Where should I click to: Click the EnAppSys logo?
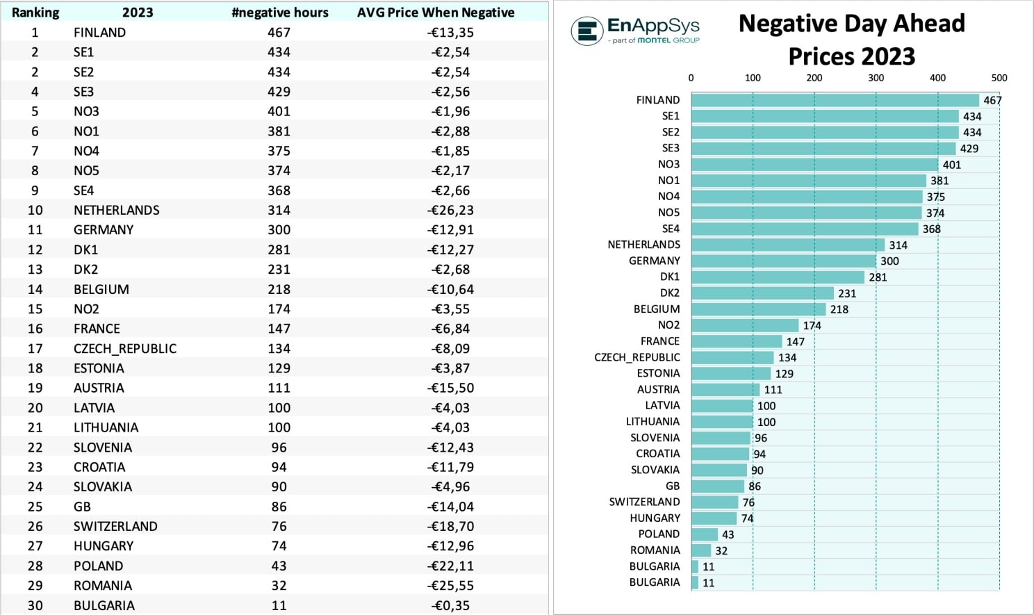pyautogui.click(x=635, y=30)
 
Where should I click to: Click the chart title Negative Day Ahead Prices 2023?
pyautogui.click(x=851, y=40)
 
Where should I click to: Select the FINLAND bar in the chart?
pyautogui.click(x=835, y=100)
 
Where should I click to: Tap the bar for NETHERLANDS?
pyautogui.click(x=787, y=245)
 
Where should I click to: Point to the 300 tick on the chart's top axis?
pyautogui.click(x=876, y=78)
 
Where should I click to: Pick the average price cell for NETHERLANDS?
pyautogui.click(x=450, y=210)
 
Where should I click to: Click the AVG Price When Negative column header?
pyautogui.click(x=436, y=13)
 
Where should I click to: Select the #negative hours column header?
pyautogui.click(x=279, y=13)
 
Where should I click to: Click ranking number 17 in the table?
pyautogui.click(x=35, y=348)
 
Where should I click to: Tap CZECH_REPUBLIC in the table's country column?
pyautogui.click(x=125, y=348)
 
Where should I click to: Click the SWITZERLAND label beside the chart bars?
pyautogui.click(x=644, y=502)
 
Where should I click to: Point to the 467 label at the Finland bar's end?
pyautogui.click(x=992, y=100)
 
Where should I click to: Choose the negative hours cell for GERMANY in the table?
pyautogui.click(x=279, y=229)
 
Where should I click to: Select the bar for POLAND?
pyautogui.click(x=704, y=534)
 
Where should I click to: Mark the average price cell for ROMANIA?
pyautogui.click(x=450, y=585)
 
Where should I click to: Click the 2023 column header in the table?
pyautogui.click(x=138, y=13)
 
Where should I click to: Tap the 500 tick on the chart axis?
pyautogui.click(x=999, y=78)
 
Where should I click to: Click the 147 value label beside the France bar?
pyautogui.click(x=795, y=341)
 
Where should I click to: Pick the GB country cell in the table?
pyautogui.click(x=82, y=507)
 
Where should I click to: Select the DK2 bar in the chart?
pyautogui.click(x=762, y=293)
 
